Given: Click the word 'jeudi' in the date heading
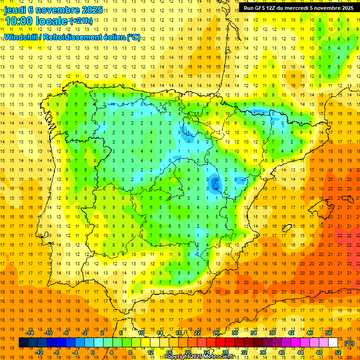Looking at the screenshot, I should pos(16,9).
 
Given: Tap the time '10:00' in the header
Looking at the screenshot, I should pos(19,21).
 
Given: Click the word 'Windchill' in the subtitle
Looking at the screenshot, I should pos(22,37).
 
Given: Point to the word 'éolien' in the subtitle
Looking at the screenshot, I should pos(114,37).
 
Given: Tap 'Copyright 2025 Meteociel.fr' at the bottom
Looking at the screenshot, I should pos(199,357).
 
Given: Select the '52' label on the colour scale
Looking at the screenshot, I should pos(338,352).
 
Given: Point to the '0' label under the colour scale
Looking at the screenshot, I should pos(92,352).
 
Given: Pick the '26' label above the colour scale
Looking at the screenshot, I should pos(216,333).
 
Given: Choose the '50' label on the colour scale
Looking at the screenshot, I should pos(329,333).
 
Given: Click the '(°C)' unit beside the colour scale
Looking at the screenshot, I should pos(349,343).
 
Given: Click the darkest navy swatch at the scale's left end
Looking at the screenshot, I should pos(23,343).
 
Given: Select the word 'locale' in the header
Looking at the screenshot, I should pos(52,21).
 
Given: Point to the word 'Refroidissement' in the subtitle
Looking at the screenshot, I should pos(71,37).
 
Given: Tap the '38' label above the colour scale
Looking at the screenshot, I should pos(272,333).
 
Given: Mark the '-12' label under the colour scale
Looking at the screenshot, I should pos(39,352).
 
